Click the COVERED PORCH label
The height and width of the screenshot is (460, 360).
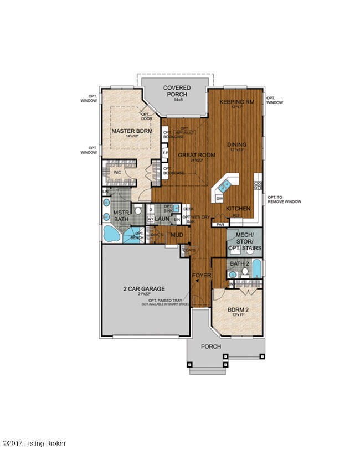click(x=177, y=91)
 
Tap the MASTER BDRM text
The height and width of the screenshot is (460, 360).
click(x=128, y=131)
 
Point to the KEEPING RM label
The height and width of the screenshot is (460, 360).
click(x=236, y=102)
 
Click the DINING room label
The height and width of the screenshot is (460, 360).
click(x=236, y=144)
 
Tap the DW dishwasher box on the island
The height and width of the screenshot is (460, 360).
click(x=219, y=198)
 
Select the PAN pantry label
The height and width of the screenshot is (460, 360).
click(x=220, y=224)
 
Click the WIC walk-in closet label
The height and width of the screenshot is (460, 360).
click(x=117, y=172)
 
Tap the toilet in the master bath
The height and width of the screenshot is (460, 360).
click(x=140, y=211)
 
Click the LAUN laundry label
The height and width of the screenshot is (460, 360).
click(x=161, y=219)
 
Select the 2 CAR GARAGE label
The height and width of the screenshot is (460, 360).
click(x=145, y=288)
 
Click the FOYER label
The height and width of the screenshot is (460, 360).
click(x=200, y=275)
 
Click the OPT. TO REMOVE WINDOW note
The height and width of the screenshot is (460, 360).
click(x=284, y=200)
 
